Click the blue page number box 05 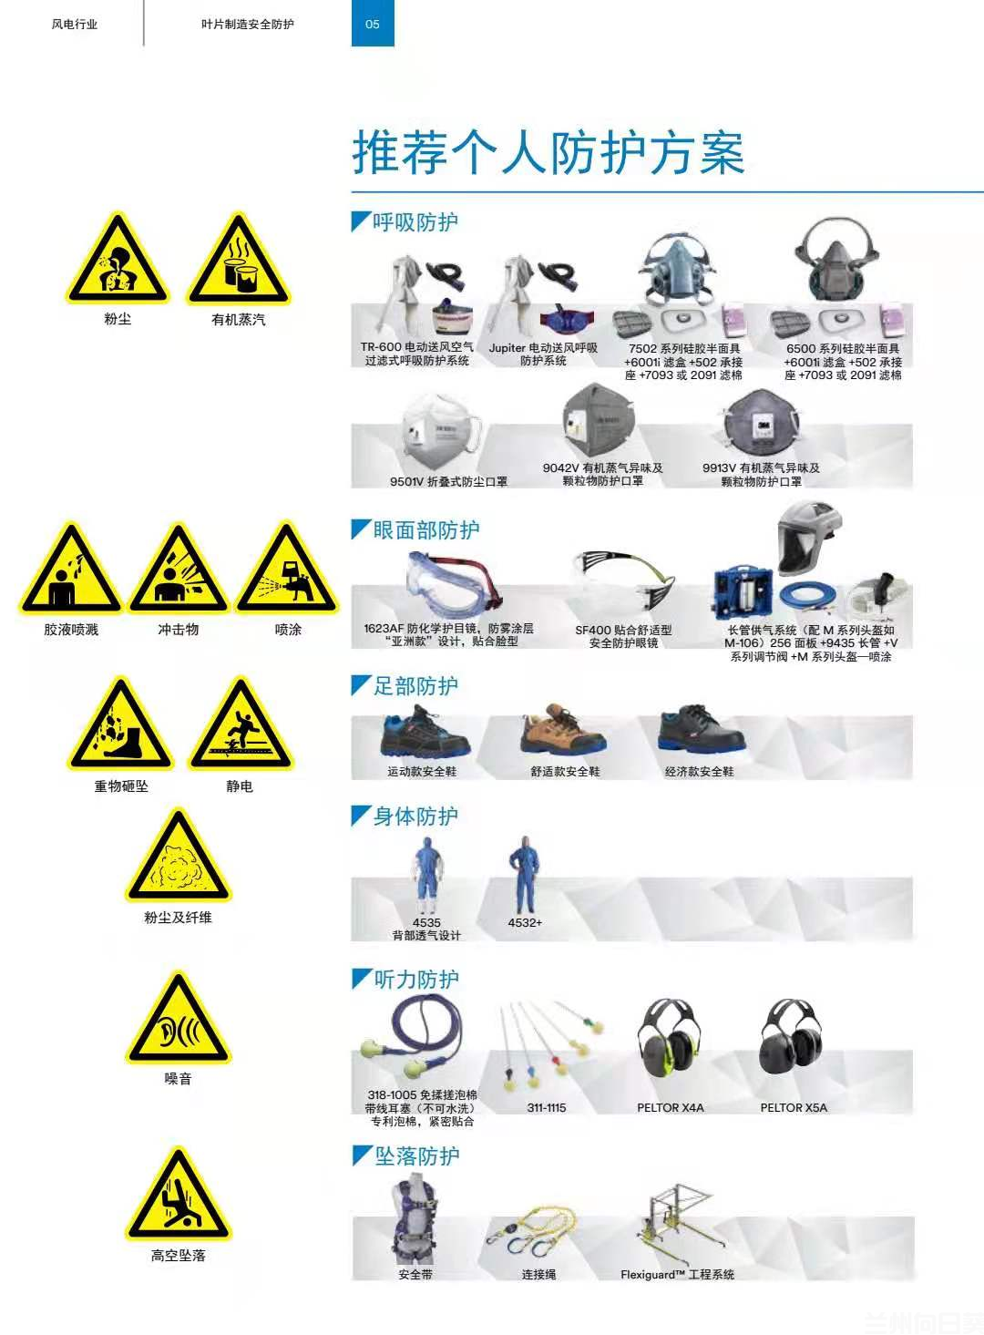pos(373,24)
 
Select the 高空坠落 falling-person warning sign pos(179,1195)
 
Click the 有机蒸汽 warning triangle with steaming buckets pos(239,259)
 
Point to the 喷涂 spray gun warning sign pos(287,570)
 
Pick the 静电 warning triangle pos(241,724)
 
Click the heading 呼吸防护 pos(415,222)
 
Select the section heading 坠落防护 pos(416,1156)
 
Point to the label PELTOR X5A pos(794,1107)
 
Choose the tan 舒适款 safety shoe pos(563,730)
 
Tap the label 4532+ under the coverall pos(525,922)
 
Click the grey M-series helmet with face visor pos(809,538)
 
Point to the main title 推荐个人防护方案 pos(548,152)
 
